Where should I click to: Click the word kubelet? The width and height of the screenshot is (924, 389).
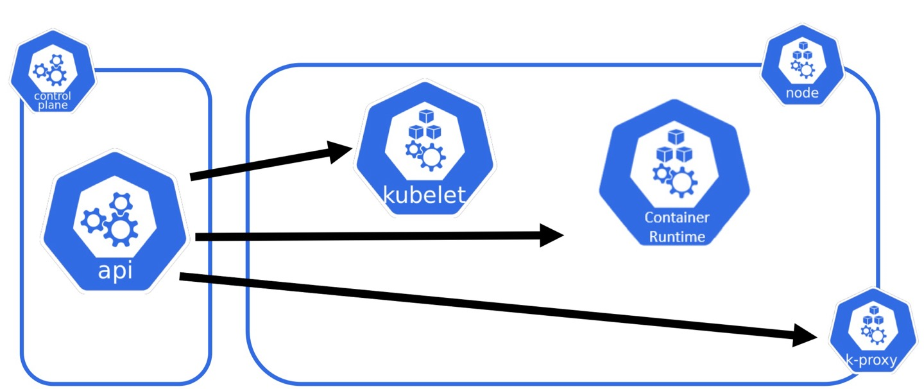[424, 193]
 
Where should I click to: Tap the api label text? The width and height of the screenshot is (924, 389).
[116, 270]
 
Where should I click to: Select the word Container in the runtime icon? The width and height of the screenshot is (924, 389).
[677, 218]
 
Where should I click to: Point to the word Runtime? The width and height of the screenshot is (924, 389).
[677, 237]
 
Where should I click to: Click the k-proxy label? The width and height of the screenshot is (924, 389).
[871, 361]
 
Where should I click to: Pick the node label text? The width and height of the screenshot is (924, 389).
[802, 94]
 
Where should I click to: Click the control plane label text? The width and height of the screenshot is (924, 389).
[53, 101]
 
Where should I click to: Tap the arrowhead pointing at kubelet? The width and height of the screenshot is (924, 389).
[341, 151]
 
